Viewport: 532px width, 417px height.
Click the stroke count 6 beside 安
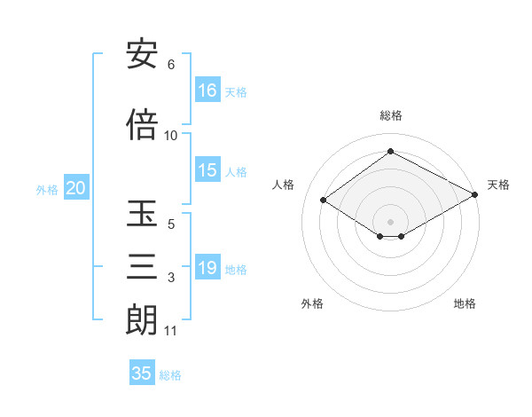coord(171,65)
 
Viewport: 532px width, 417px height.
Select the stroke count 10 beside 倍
coord(171,136)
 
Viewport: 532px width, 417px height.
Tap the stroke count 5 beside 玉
coord(171,224)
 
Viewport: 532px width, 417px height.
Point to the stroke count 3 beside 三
coord(171,278)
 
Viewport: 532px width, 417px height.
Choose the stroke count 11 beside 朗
coord(171,331)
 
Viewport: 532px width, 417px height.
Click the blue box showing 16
coord(207,90)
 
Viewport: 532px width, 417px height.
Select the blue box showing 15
coord(207,170)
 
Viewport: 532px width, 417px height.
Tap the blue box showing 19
coord(207,268)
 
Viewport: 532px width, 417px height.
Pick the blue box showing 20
coord(75,188)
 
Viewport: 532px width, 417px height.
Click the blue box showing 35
coord(142,374)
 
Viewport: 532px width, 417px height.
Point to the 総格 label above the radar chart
coord(391,115)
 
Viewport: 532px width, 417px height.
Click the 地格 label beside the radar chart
coord(465,303)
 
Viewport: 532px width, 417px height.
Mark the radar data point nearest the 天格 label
coord(475,195)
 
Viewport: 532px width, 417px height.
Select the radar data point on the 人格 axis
coord(324,201)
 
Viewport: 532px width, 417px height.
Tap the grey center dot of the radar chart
coord(390,221)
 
